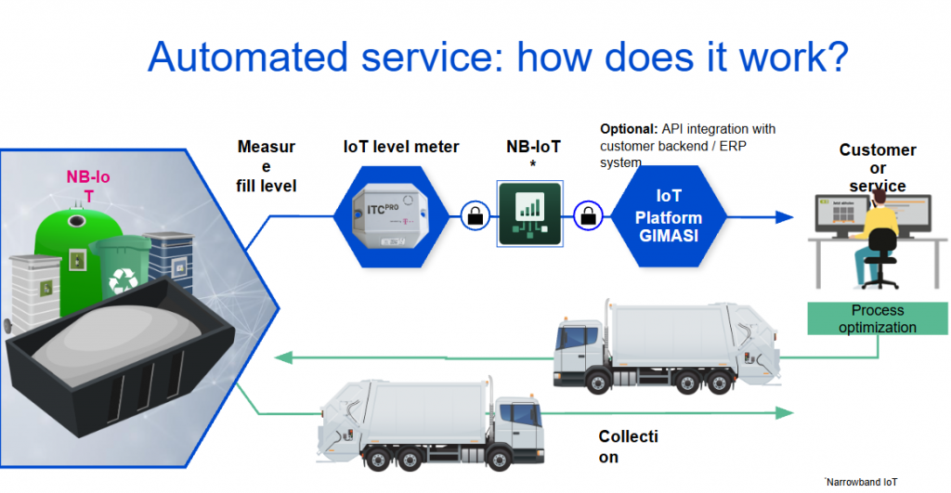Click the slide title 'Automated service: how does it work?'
498,58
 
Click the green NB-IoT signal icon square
529,214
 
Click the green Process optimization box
877,318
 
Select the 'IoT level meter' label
401,147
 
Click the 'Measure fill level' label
267,166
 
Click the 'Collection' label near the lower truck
628,447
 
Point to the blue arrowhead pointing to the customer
785,217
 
